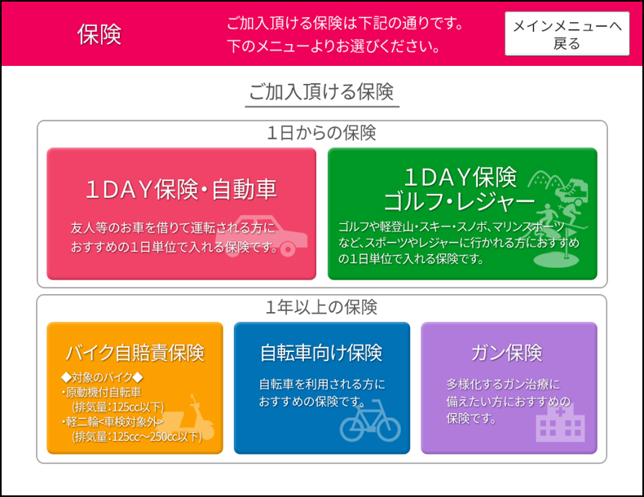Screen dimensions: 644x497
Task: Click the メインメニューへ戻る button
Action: click(x=567, y=33)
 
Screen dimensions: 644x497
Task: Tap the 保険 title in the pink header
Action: click(x=99, y=34)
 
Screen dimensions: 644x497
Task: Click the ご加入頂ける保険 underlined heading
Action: click(x=321, y=91)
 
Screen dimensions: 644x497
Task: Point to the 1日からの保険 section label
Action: click(x=321, y=133)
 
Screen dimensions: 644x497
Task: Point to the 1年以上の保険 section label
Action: click(x=321, y=307)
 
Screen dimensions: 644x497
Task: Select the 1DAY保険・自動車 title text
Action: click(x=181, y=190)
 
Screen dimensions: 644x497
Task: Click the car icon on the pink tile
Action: click(x=262, y=235)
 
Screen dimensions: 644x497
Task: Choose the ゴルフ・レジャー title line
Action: click(x=459, y=201)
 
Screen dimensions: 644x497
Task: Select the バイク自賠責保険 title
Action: click(x=135, y=353)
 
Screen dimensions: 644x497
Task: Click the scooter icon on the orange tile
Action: click(x=194, y=418)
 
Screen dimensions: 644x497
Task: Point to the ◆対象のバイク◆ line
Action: click(x=102, y=377)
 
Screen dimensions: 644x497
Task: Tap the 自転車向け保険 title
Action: click(x=321, y=353)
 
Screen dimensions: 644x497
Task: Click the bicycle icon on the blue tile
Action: click(x=370, y=420)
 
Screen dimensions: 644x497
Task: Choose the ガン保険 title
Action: click(x=507, y=353)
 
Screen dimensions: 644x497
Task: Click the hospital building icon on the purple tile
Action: click(x=560, y=424)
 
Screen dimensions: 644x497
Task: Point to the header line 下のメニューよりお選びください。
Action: click(x=334, y=46)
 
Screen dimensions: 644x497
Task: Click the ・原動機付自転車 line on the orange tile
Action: click(x=101, y=393)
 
